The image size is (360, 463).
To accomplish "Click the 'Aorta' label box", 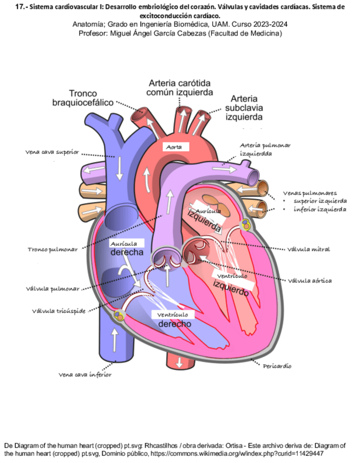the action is click(175, 146).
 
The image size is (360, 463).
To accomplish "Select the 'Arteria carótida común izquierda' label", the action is click(181, 88).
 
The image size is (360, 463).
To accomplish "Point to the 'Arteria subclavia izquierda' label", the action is click(244, 108).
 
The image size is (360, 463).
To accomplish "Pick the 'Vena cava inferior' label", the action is click(85, 375).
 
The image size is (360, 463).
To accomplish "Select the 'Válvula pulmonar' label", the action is click(52, 288).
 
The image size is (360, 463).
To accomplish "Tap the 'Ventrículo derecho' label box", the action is click(175, 320).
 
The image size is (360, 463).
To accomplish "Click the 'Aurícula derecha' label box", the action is click(127, 247).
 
